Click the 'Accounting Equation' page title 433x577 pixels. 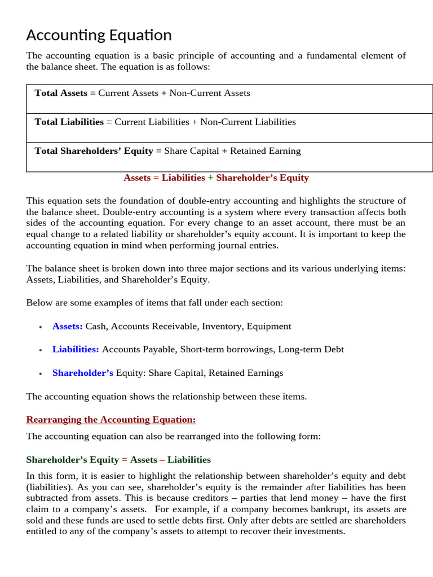pos(99,35)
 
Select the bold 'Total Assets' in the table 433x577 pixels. pos(61,93)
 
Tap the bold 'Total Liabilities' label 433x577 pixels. pos(69,122)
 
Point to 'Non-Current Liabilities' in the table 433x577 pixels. pos(248,122)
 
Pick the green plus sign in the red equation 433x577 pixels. pos(210,178)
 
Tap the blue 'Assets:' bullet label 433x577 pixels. pos(67,326)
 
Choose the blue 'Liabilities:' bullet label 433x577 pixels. pos(76,349)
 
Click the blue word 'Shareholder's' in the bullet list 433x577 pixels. pos(83,373)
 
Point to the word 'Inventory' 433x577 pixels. pos(221,326)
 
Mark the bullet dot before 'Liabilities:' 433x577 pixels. pos(41,350)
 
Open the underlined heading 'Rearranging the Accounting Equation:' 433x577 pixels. pos(111,420)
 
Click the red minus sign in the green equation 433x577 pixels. pos(162,460)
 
